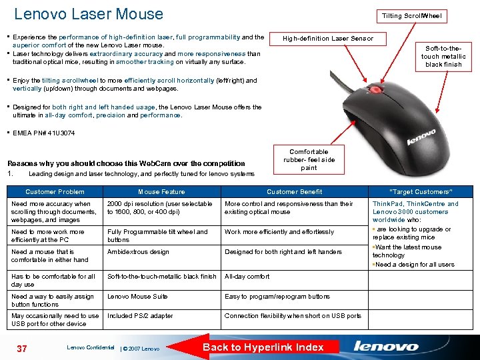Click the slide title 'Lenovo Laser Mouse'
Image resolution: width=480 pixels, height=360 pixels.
click(x=89, y=14)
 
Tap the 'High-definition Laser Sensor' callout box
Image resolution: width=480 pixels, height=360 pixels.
click(x=328, y=39)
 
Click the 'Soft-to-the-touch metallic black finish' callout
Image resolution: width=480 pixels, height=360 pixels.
click(x=443, y=57)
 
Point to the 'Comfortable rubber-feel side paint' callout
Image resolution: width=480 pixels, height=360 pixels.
click(x=309, y=160)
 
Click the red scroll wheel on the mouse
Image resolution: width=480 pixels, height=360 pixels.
click(x=377, y=89)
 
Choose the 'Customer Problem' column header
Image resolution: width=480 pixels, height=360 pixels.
click(x=55, y=191)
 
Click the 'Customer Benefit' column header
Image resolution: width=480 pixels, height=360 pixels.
click(x=294, y=191)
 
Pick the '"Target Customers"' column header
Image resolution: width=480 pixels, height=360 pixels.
click(x=420, y=191)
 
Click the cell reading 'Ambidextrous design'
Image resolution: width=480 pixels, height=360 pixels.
click(x=138, y=252)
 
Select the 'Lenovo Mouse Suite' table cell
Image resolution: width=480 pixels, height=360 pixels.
click(x=137, y=297)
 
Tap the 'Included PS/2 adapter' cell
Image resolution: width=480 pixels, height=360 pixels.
click(x=140, y=316)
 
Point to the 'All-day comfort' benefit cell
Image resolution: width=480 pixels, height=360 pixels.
click(x=247, y=276)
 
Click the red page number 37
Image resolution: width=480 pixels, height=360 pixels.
click(x=21, y=347)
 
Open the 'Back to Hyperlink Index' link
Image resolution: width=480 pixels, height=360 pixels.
click(x=263, y=347)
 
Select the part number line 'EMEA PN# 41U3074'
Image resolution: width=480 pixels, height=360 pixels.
click(x=44, y=133)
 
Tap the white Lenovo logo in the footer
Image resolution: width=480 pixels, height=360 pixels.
click(x=386, y=347)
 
